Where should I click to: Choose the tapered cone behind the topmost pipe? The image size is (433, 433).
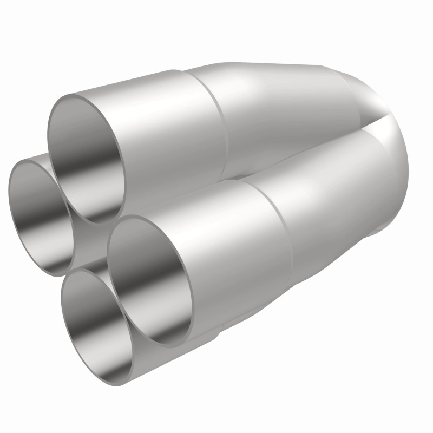pyautogui.click(x=281, y=108)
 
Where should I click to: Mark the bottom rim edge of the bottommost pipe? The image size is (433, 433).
pyautogui.click(x=103, y=382)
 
